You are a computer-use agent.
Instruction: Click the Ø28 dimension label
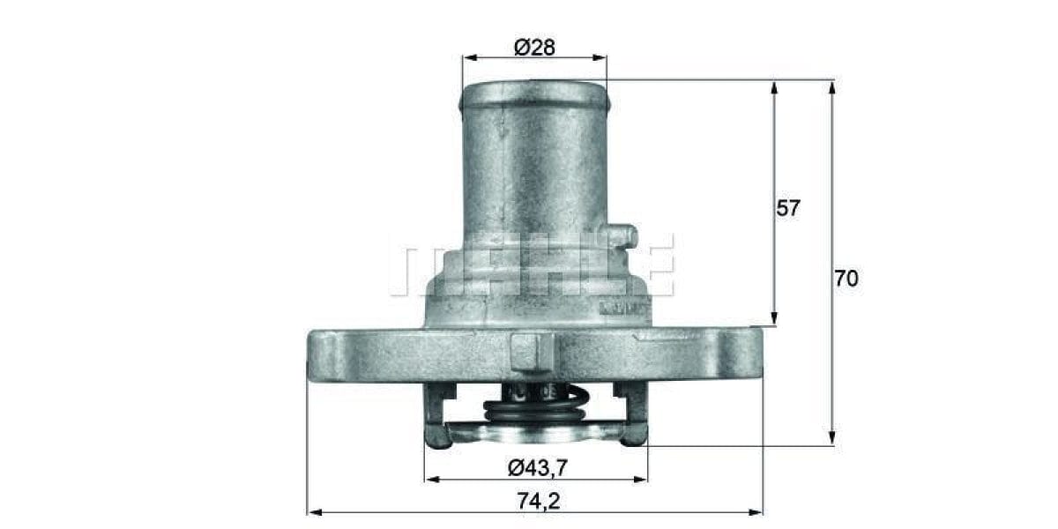[534, 48]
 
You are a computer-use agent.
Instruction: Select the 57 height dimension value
[789, 208]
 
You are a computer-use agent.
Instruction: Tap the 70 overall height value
[846, 279]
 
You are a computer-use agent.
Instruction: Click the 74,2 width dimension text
[537, 501]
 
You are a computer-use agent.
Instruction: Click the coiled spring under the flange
[535, 406]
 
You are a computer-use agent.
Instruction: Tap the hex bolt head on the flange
[532, 350]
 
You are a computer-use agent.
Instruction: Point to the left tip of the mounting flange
[311, 353]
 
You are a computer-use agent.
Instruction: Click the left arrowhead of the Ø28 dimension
[468, 58]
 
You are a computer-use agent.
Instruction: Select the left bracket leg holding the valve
[435, 414]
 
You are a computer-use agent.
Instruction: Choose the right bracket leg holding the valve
[635, 414]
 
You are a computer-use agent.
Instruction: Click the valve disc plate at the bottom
[535, 432]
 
